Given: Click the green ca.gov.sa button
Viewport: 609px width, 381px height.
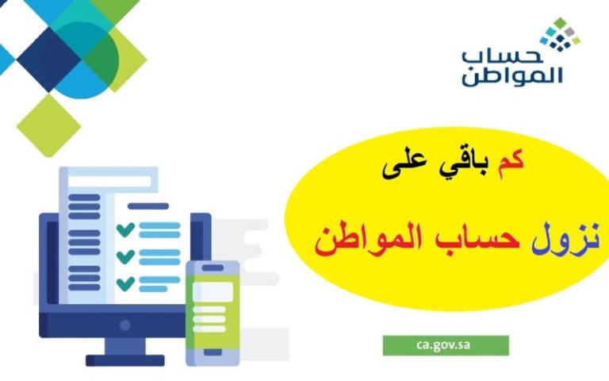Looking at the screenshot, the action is [x=446, y=345].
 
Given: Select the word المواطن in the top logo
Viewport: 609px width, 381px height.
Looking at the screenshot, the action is [x=512, y=76].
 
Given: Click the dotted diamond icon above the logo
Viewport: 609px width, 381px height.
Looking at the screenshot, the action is [x=560, y=34].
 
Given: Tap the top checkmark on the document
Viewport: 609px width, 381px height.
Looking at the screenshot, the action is [x=125, y=229].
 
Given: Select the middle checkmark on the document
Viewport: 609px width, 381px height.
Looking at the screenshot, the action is [x=125, y=256].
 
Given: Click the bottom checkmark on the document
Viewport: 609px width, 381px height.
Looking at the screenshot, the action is [x=125, y=283].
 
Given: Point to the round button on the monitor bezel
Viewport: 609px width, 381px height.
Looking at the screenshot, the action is [x=125, y=325].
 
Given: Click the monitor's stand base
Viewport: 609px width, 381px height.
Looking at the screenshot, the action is [x=125, y=360].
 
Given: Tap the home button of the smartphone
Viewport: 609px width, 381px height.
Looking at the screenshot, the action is [x=213, y=352].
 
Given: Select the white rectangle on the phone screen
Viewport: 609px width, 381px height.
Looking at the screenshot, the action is [x=213, y=291].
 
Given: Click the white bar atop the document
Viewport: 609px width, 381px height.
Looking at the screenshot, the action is [x=109, y=181].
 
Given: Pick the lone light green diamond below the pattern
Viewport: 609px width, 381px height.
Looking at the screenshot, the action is [x=48, y=125].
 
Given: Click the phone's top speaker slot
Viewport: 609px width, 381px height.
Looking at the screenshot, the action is [x=213, y=267].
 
